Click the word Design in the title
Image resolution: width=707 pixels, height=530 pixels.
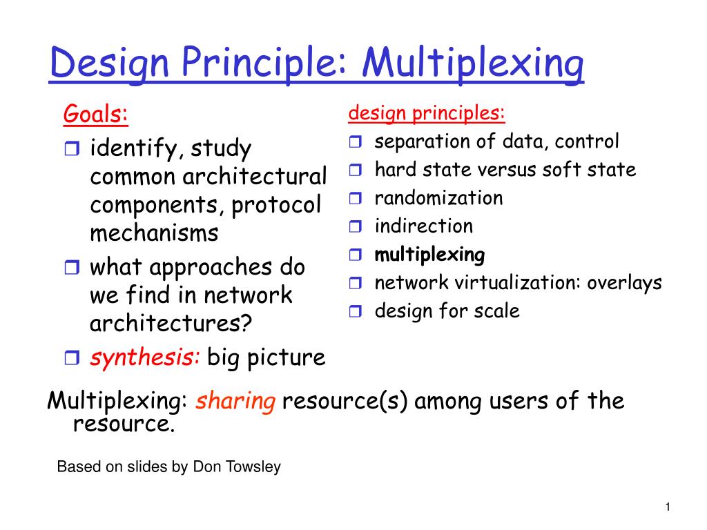click(x=108, y=63)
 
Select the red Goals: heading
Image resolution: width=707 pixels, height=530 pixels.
click(x=95, y=114)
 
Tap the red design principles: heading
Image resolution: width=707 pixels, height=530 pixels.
click(x=427, y=112)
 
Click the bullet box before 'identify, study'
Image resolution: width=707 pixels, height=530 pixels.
click(x=72, y=148)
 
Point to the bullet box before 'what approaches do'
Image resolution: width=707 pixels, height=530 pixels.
click(x=72, y=267)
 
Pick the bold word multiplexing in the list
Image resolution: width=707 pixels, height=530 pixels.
click(x=429, y=255)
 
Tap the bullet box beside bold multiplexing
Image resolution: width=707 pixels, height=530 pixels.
click(x=356, y=255)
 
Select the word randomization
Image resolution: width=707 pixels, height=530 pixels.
click(x=438, y=198)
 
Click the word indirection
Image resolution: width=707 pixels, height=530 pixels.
click(x=424, y=226)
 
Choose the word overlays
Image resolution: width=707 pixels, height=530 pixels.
click(x=624, y=283)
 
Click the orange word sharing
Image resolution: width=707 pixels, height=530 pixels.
click(x=235, y=401)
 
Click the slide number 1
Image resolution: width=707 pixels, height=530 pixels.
click(x=668, y=507)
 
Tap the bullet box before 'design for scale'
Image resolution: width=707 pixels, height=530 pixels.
click(x=356, y=311)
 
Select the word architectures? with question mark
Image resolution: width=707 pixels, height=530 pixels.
click(x=171, y=324)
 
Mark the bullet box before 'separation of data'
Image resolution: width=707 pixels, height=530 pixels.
click(x=356, y=142)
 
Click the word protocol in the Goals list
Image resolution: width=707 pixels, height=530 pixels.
click(x=276, y=206)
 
